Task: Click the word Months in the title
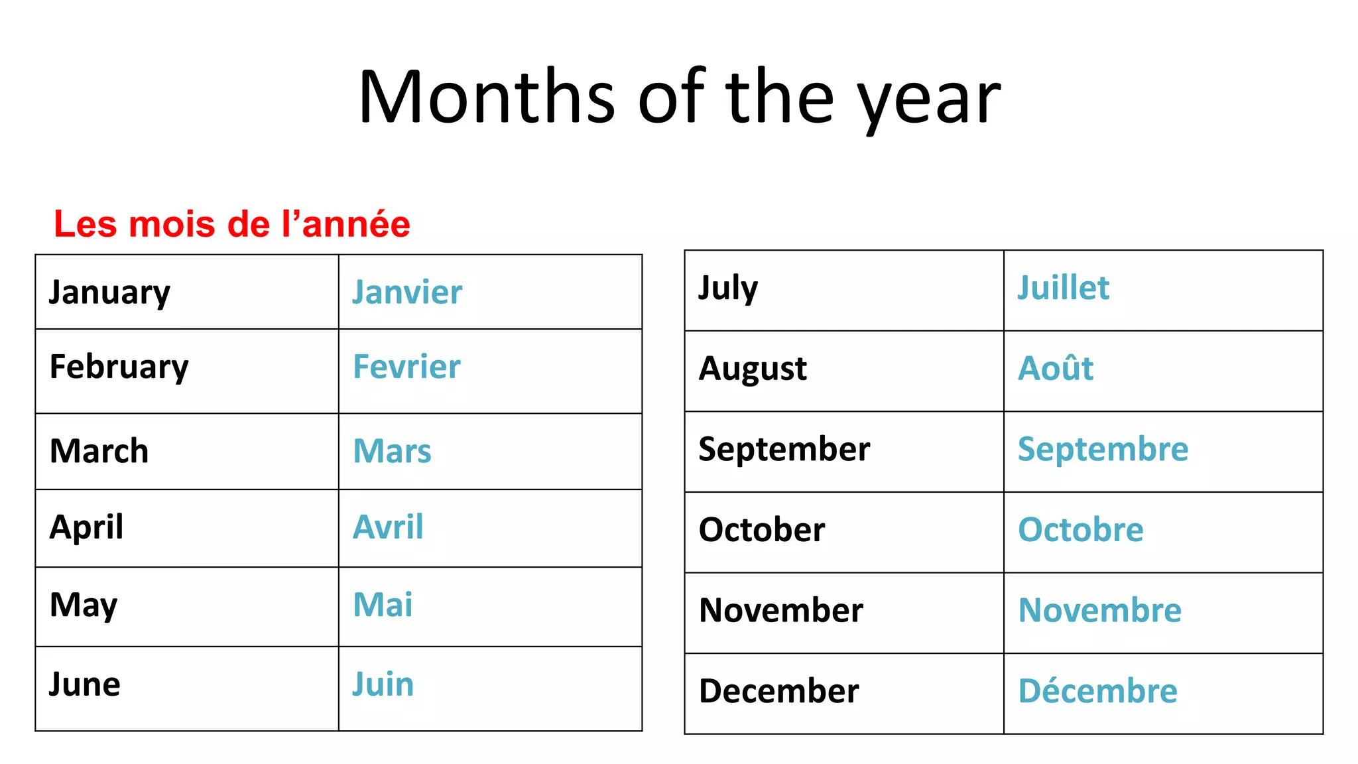487,97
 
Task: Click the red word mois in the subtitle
172,224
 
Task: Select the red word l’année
345,224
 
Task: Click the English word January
110,292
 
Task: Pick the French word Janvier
407,292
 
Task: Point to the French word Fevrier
406,367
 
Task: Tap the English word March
99,451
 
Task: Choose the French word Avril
388,527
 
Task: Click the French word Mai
383,605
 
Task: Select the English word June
85,684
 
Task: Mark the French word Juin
383,684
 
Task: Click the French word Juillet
1063,288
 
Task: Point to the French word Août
1056,368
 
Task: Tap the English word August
753,369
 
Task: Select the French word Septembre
1103,449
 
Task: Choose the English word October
762,530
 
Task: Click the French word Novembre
1099,610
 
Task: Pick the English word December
779,691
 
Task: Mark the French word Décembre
1097,691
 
